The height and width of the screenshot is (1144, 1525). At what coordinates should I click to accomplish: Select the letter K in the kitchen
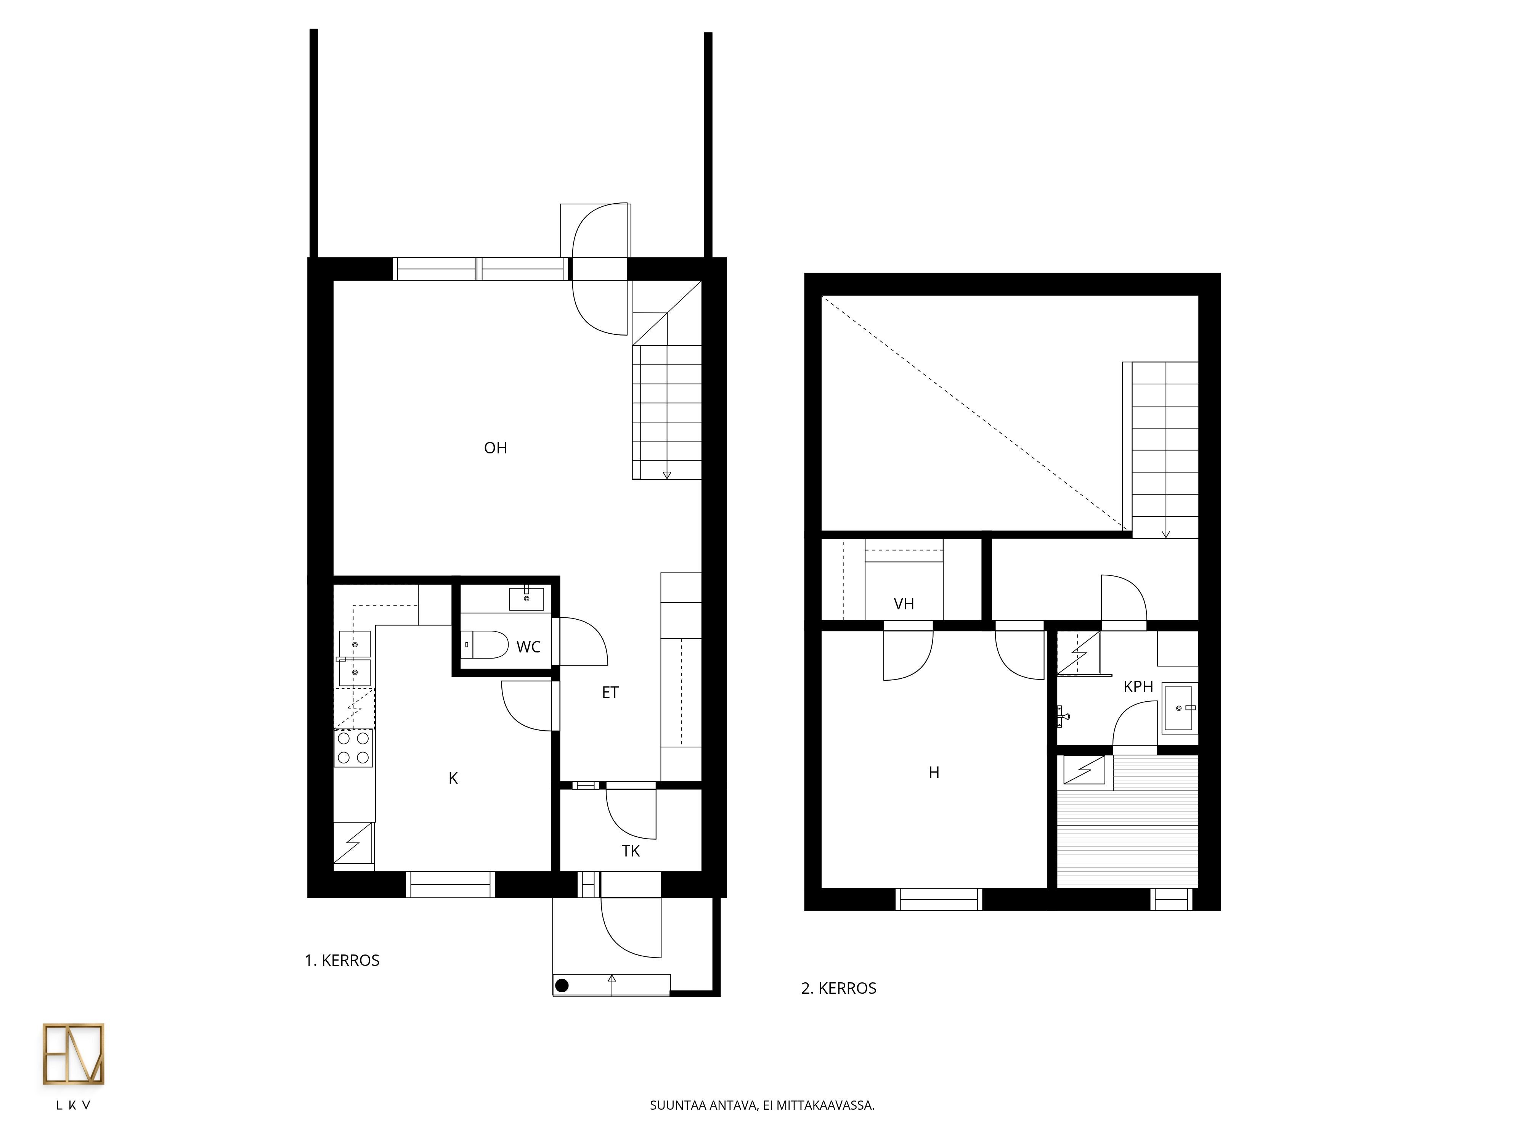click(x=453, y=778)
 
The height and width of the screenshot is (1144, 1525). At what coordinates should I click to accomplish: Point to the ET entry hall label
click(x=610, y=693)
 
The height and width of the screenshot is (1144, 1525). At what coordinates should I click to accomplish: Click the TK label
click(x=631, y=851)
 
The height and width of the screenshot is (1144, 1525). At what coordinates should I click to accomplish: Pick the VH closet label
click(x=904, y=604)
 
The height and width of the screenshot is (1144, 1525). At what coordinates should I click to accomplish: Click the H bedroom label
click(x=934, y=772)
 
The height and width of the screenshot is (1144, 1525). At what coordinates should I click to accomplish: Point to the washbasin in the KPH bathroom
click(x=1180, y=707)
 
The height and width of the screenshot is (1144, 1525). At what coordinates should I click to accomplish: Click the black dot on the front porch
click(x=562, y=985)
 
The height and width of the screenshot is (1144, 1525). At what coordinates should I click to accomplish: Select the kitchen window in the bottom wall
click(x=450, y=885)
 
